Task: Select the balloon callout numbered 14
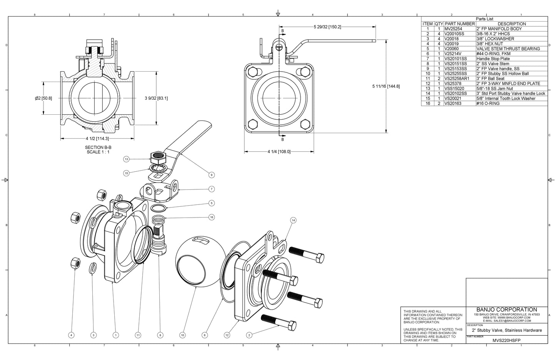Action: [x=293, y=220]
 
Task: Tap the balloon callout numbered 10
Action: [x=182, y=335]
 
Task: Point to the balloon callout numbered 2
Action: [x=249, y=335]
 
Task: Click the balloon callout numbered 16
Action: [x=211, y=217]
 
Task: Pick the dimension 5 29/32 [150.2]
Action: [x=325, y=27]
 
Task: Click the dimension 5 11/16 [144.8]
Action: [x=386, y=86]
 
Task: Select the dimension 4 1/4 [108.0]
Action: [x=279, y=152]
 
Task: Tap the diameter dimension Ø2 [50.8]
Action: [x=43, y=98]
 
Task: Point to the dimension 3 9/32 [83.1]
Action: [x=156, y=98]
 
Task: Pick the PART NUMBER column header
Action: [x=460, y=24]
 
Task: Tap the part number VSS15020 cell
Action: [x=454, y=89]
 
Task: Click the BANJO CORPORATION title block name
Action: [x=506, y=310]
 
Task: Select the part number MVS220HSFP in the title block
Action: [x=506, y=340]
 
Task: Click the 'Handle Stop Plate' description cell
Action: [x=493, y=59]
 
